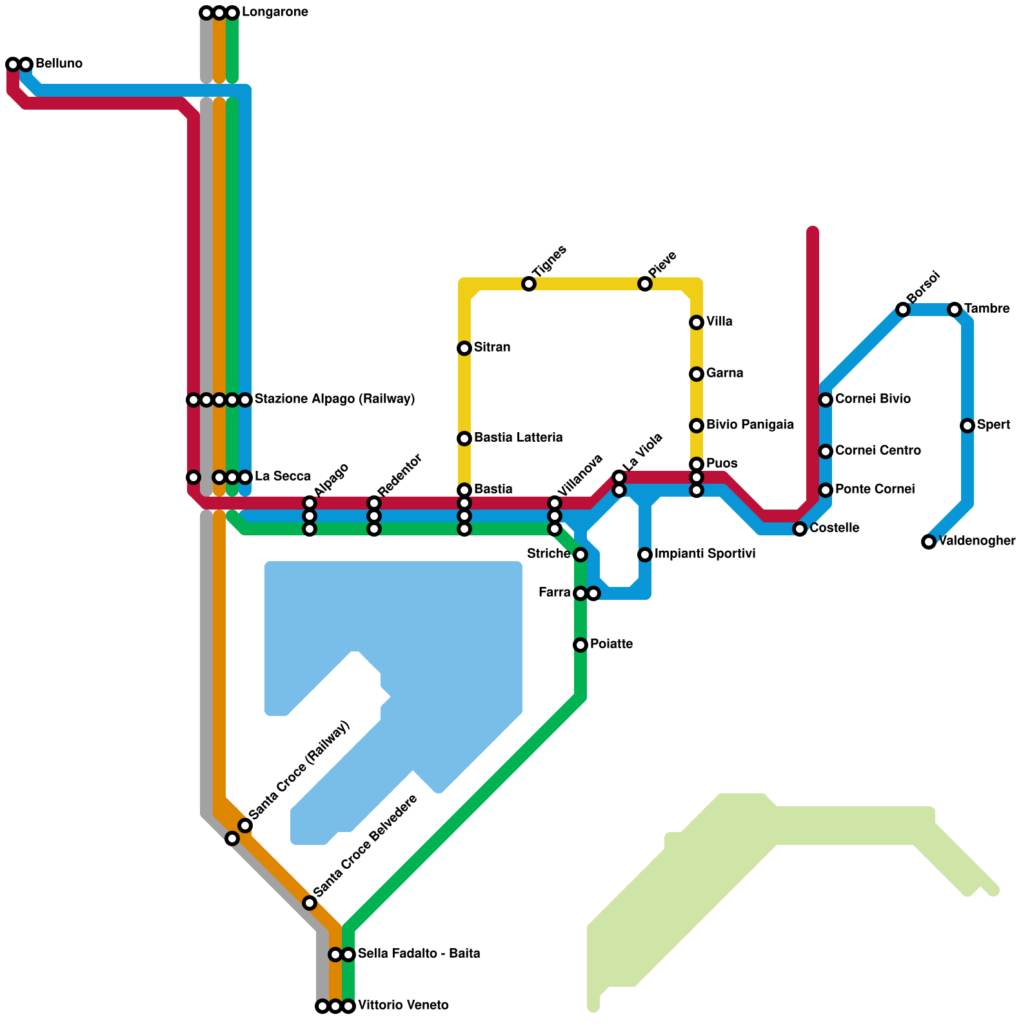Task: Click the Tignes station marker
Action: click(529, 284)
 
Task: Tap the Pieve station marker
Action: click(645, 284)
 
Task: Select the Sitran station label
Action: click(492, 348)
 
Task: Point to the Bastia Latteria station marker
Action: click(464, 439)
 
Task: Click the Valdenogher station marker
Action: click(929, 542)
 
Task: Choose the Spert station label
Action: click(995, 425)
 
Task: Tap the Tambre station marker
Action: click(955, 310)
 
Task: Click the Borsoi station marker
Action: click(903, 310)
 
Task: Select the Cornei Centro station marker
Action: click(826, 451)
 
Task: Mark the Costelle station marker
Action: click(800, 529)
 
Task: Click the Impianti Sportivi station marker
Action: click(645, 555)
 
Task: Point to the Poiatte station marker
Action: click(580, 645)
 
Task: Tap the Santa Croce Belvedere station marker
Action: click(310, 903)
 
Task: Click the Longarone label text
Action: click(275, 12)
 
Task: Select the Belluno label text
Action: click(59, 64)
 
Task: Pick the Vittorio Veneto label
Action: click(403, 1006)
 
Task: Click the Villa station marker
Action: click(697, 322)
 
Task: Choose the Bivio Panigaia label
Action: click(749, 425)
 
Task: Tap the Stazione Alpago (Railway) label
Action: click(334, 399)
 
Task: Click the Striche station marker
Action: click(580, 555)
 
